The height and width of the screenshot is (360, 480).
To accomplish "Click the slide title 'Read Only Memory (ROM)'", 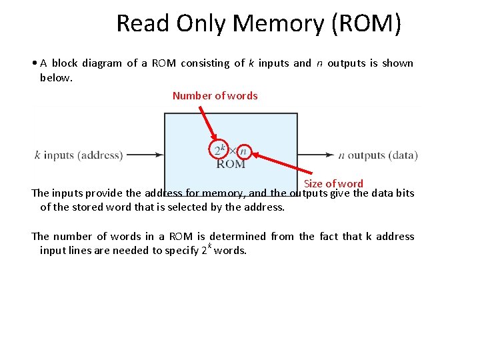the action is tap(259, 23).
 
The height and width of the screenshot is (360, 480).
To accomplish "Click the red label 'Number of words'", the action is tap(215, 95).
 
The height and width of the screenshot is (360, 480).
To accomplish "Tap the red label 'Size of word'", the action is tap(333, 183).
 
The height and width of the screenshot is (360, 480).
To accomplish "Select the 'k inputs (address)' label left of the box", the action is tap(78, 155).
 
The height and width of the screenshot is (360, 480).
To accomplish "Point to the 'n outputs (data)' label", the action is tap(377, 155).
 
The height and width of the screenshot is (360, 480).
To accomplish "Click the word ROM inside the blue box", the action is tap(231, 164).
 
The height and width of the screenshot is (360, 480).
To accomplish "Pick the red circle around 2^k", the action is tap(219, 149).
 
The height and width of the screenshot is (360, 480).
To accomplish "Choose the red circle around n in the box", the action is tap(243, 151).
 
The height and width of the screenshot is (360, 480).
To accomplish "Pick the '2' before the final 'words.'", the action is tap(204, 251).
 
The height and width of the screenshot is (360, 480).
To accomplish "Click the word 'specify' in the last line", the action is tap(180, 251).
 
